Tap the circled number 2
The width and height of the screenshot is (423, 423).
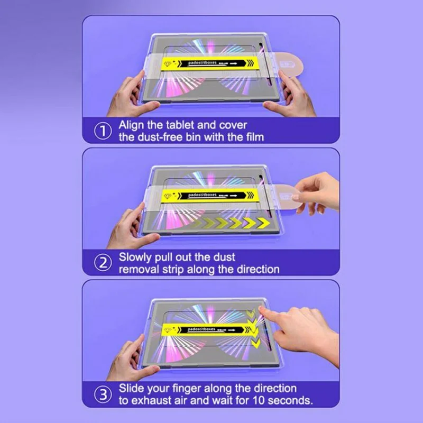point(103,263)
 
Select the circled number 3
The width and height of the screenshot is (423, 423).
point(103,394)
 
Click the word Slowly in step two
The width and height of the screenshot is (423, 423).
point(135,258)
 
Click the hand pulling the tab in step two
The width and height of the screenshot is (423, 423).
point(317,193)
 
